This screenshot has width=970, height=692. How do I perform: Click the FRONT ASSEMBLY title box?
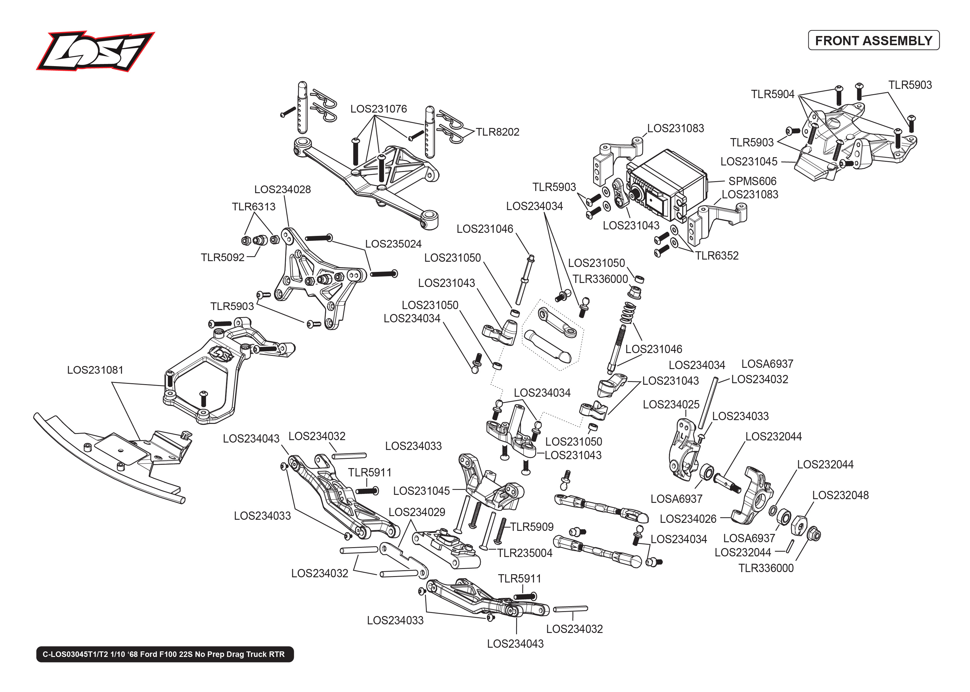(x=873, y=41)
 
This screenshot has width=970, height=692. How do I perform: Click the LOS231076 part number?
(x=378, y=109)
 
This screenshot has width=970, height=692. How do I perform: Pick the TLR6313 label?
(x=253, y=207)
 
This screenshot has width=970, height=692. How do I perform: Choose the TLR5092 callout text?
(x=222, y=257)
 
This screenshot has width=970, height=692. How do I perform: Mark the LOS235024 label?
(x=393, y=244)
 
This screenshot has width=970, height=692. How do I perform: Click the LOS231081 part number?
(x=95, y=370)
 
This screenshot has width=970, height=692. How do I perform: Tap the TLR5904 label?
(x=773, y=94)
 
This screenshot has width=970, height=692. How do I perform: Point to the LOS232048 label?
(x=840, y=495)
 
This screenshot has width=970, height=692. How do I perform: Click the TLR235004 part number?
(x=525, y=553)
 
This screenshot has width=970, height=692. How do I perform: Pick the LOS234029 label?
(x=417, y=512)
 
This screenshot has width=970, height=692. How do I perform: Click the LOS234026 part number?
(x=688, y=519)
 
